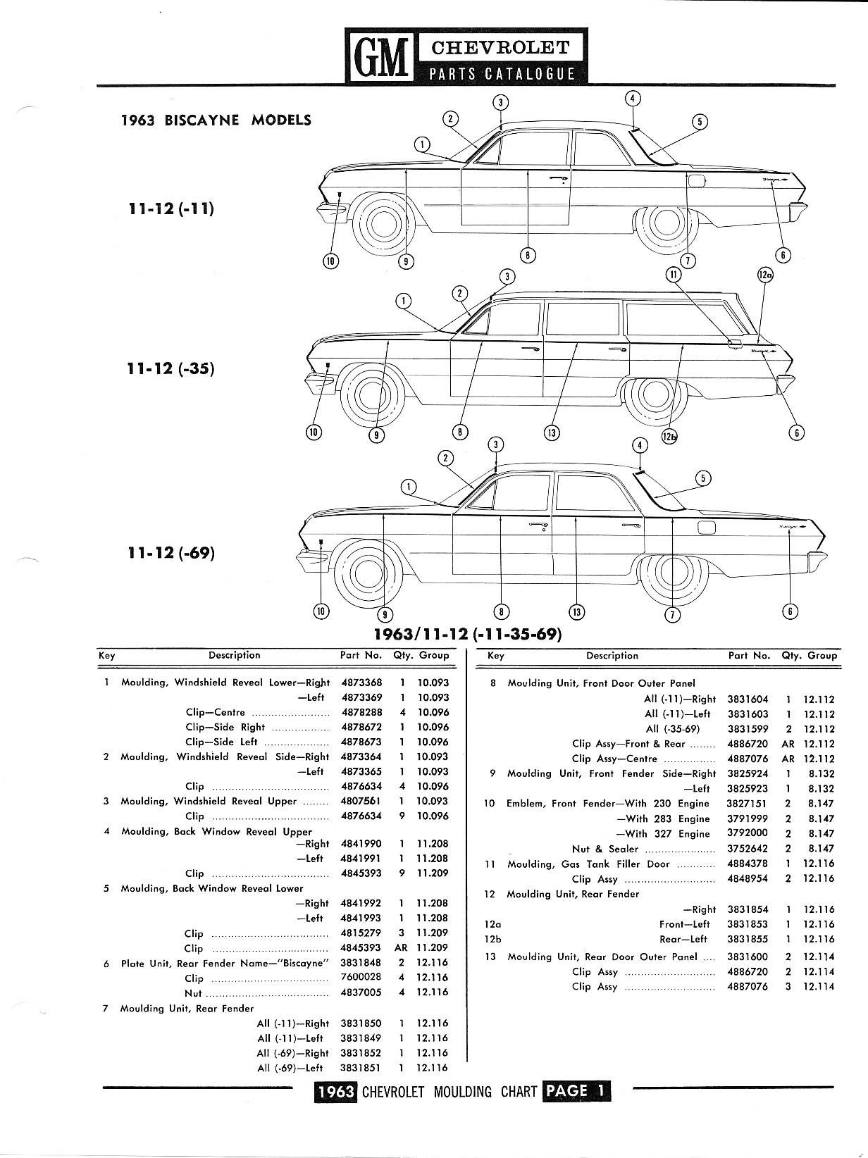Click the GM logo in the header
pyautogui.click(x=378, y=56)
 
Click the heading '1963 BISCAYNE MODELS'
pyautogui.click(x=216, y=120)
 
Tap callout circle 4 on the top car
pyautogui.click(x=633, y=99)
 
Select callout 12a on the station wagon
pyautogui.click(x=765, y=276)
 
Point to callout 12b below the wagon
pyautogui.click(x=669, y=437)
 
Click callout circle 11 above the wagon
pyautogui.click(x=674, y=274)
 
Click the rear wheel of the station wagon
pyautogui.click(x=657, y=399)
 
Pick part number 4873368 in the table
pyautogui.click(x=361, y=683)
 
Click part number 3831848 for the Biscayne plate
pyautogui.click(x=361, y=963)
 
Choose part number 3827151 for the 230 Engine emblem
pyautogui.click(x=748, y=804)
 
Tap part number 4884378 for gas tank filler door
pyautogui.click(x=748, y=864)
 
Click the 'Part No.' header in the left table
pyautogui.click(x=361, y=655)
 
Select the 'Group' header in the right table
pyautogui.click(x=822, y=656)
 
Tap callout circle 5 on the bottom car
pyautogui.click(x=702, y=479)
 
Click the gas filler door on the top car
pyautogui.click(x=695, y=181)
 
